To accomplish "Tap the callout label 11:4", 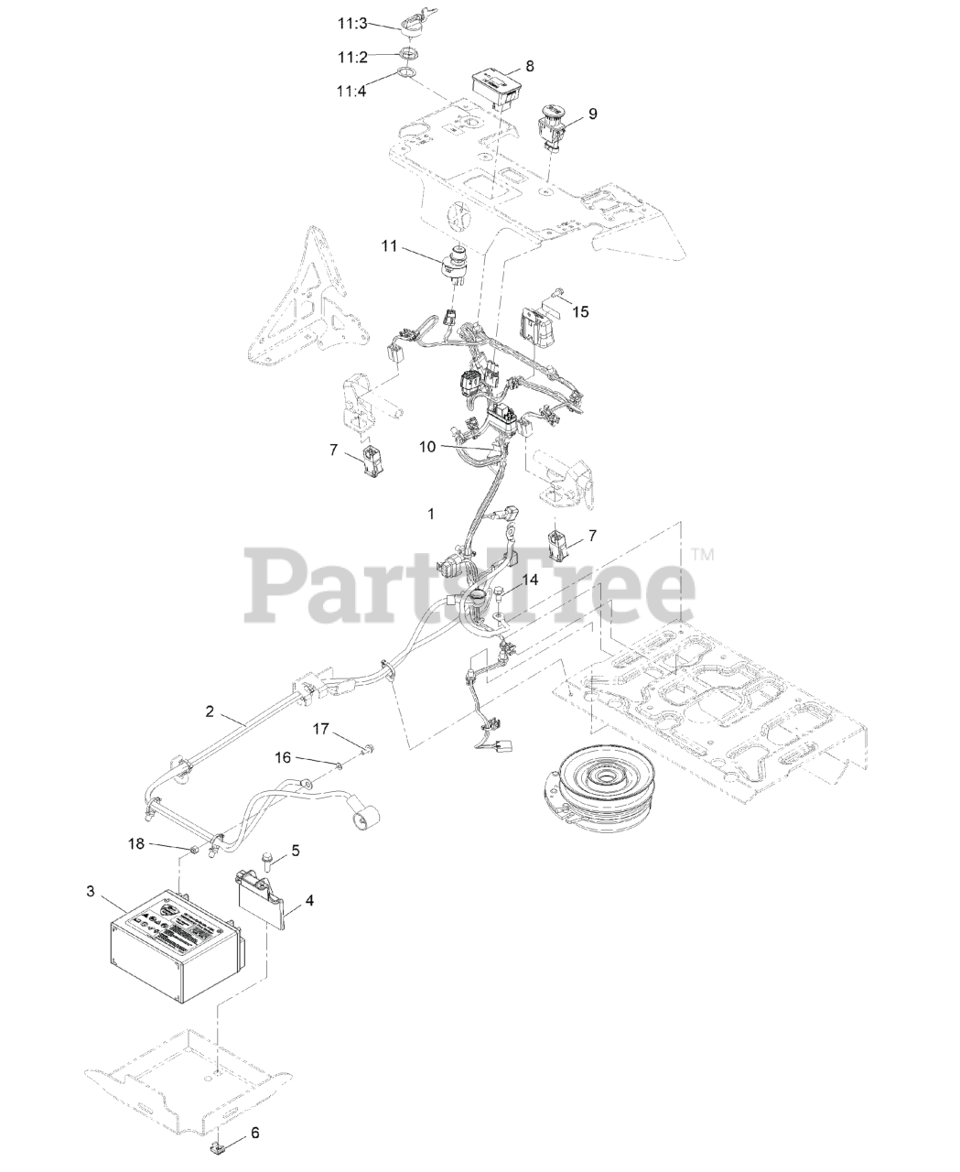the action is coord(351,91).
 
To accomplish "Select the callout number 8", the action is coord(530,66).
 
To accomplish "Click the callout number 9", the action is coord(592,113).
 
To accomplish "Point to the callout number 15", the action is coord(580,311).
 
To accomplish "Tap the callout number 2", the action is coord(210,711).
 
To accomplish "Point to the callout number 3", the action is coord(90,891).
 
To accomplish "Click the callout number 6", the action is coord(254,1133).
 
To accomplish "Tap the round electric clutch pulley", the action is coord(600,778).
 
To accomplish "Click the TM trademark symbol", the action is coord(702,554).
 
